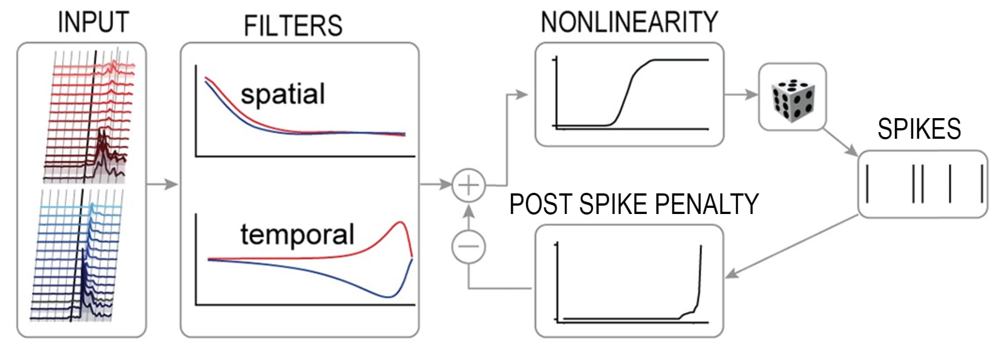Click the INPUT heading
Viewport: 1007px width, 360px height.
pos(93,23)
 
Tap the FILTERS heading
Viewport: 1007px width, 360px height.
pos(293,26)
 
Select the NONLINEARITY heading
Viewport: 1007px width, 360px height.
pos(629,23)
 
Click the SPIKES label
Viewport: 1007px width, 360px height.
pos(919,129)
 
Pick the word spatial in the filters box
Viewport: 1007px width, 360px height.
pos(283,94)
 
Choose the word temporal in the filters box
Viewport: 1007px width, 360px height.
pos(297,234)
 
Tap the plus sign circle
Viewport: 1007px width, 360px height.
pos(468,184)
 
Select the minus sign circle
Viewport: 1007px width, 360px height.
pos(468,246)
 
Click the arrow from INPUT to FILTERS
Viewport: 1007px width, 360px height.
pos(163,184)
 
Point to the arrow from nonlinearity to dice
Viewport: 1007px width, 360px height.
pos(741,94)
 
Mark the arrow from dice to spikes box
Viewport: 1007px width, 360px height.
pos(841,143)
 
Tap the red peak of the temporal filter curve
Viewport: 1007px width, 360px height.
pos(401,223)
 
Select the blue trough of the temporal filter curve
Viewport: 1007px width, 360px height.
pos(388,296)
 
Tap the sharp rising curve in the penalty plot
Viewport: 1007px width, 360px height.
pos(699,279)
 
